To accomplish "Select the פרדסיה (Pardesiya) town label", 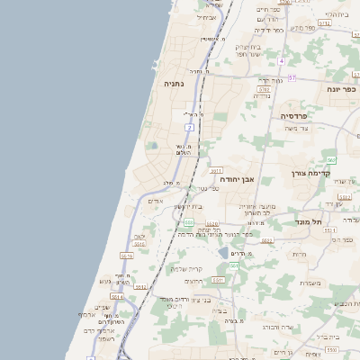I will [294, 116].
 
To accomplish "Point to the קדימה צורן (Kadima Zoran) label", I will [311, 173].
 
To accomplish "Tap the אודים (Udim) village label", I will [155, 202].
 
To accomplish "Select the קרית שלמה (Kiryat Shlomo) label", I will [187, 268].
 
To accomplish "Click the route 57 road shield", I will [292, 78].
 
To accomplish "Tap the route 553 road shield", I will [188, 221].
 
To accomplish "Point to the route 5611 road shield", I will [216, 169].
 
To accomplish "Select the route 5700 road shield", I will [264, 89].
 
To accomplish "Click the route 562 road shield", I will [331, 160].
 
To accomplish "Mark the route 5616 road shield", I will [126, 256].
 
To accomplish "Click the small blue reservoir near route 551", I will [223, 253].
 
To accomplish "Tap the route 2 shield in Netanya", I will [190, 128].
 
